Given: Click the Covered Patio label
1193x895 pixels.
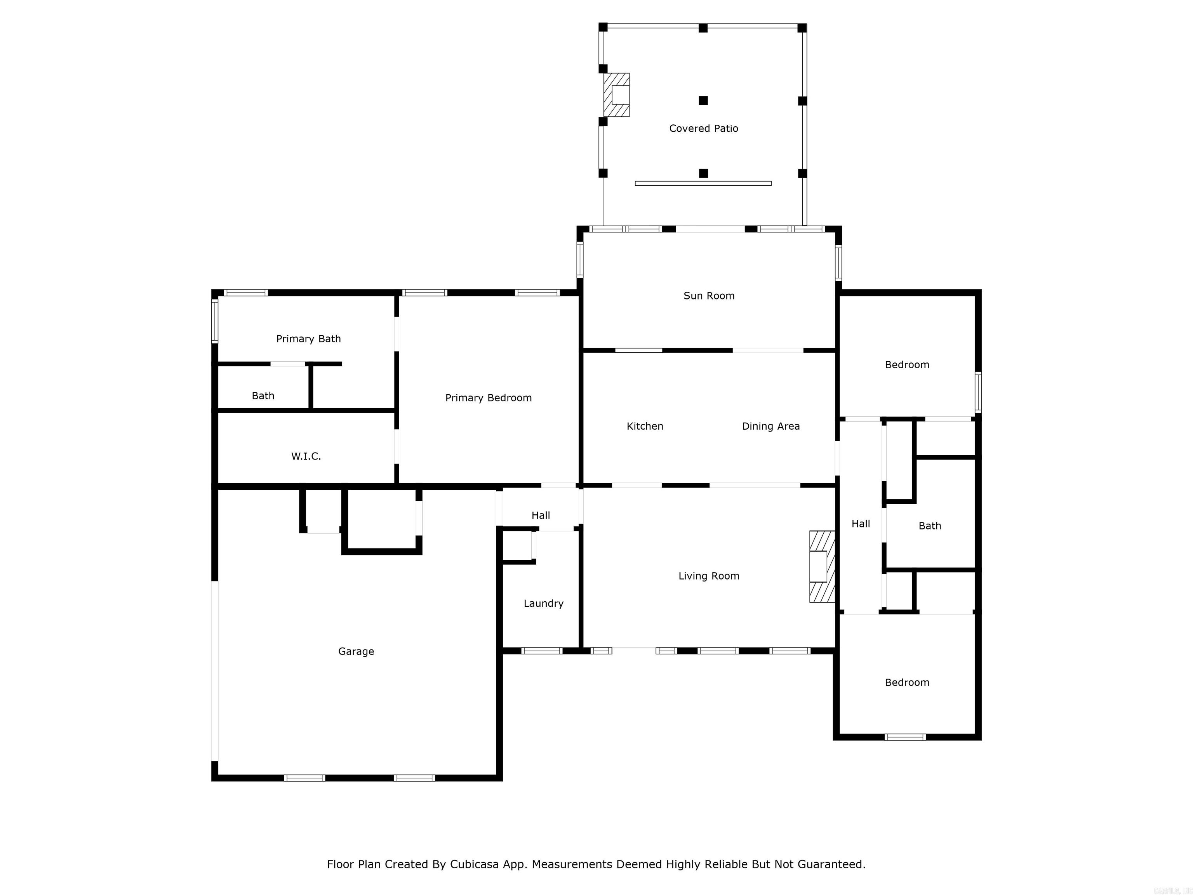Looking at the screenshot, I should point(703,129).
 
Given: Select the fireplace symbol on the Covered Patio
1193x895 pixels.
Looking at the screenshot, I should point(616,95).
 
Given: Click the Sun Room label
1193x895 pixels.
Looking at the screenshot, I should point(709,296).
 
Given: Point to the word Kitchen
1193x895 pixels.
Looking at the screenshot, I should point(645,426).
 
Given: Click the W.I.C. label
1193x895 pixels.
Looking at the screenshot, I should point(306,456).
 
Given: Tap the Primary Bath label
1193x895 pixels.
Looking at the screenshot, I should point(308,339).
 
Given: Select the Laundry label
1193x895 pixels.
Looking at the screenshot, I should point(543,603).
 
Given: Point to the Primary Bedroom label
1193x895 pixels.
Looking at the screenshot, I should point(488,398).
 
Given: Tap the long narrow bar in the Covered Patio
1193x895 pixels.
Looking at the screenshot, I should point(703,183).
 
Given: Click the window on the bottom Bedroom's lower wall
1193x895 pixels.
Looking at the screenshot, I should point(905,737).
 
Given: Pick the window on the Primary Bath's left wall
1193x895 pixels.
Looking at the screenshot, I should point(215,322).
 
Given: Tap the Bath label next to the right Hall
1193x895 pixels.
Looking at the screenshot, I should point(929,526).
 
